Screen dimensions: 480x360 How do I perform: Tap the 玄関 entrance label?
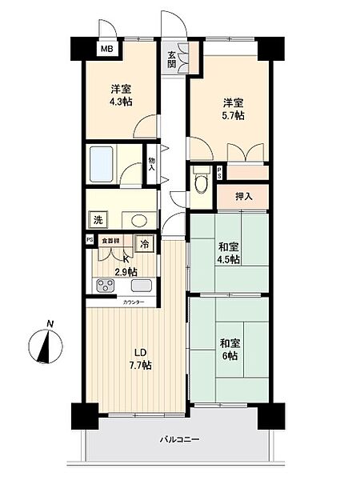pos(172,60)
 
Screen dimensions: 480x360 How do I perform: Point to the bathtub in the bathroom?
pos(102,164)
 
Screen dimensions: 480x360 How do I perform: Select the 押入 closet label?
pos(243,197)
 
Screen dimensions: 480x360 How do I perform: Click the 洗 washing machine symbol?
pos(98,221)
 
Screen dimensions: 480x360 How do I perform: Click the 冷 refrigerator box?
pos(145,245)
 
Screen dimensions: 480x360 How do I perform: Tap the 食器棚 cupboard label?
pos(111,240)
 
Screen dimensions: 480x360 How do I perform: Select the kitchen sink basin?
pos(142,286)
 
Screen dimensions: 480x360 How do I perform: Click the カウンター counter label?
pos(134,303)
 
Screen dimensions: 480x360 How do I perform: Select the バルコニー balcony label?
pos(178,439)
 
